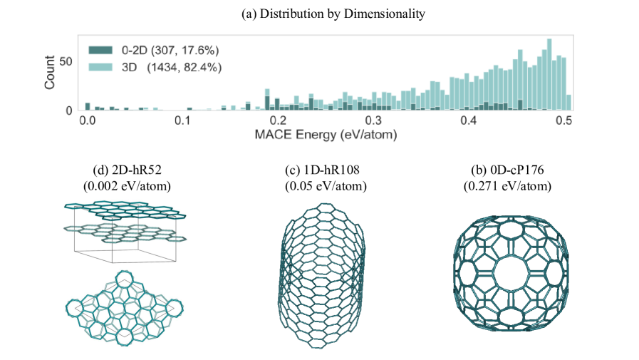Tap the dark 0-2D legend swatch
point(98,50)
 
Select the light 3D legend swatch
point(98,67)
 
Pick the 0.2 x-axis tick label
point(279,120)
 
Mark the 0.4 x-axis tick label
point(469,120)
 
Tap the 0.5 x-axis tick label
point(564,120)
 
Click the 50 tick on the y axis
point(66,62)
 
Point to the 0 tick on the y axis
point(69,110)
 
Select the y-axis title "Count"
point(50,73)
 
